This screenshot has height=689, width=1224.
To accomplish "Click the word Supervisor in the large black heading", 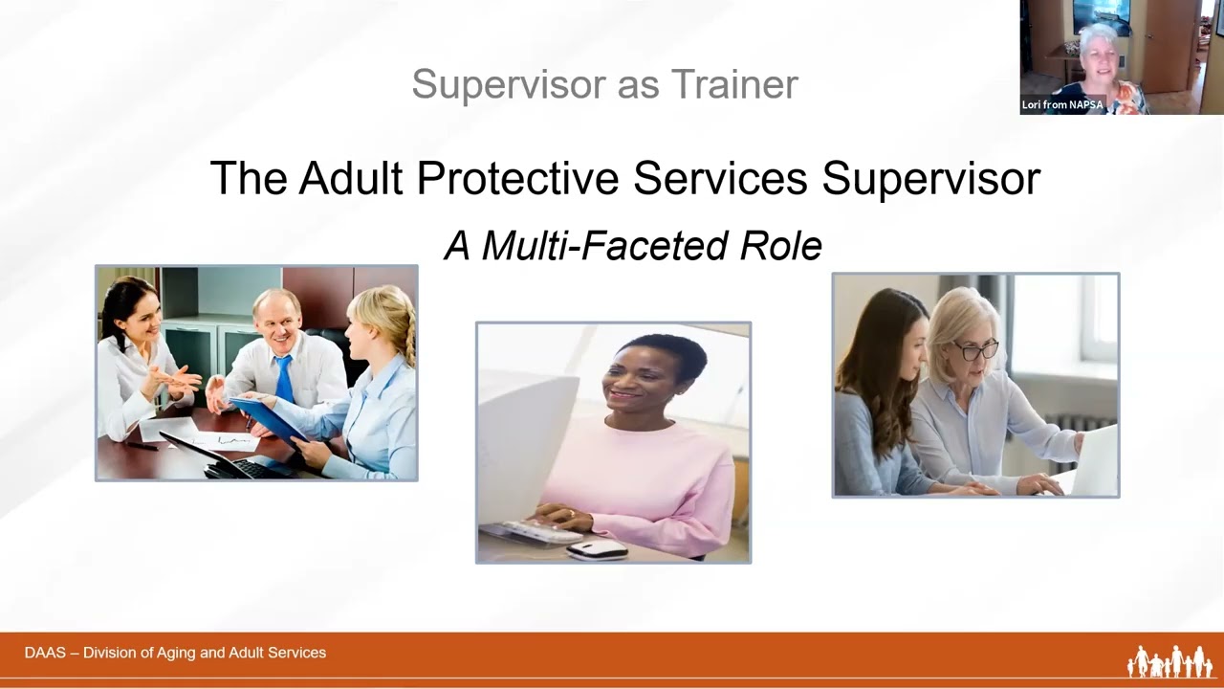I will [930, 179].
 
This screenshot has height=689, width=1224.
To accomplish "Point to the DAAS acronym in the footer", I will [45, 653].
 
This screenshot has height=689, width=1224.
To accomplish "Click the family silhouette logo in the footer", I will [1169, 661].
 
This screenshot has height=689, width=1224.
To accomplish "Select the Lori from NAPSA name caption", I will [1062, 105].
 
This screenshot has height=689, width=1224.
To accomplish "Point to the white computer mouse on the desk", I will [597, 548].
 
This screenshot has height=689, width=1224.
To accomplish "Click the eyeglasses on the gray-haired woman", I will [973, 350].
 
